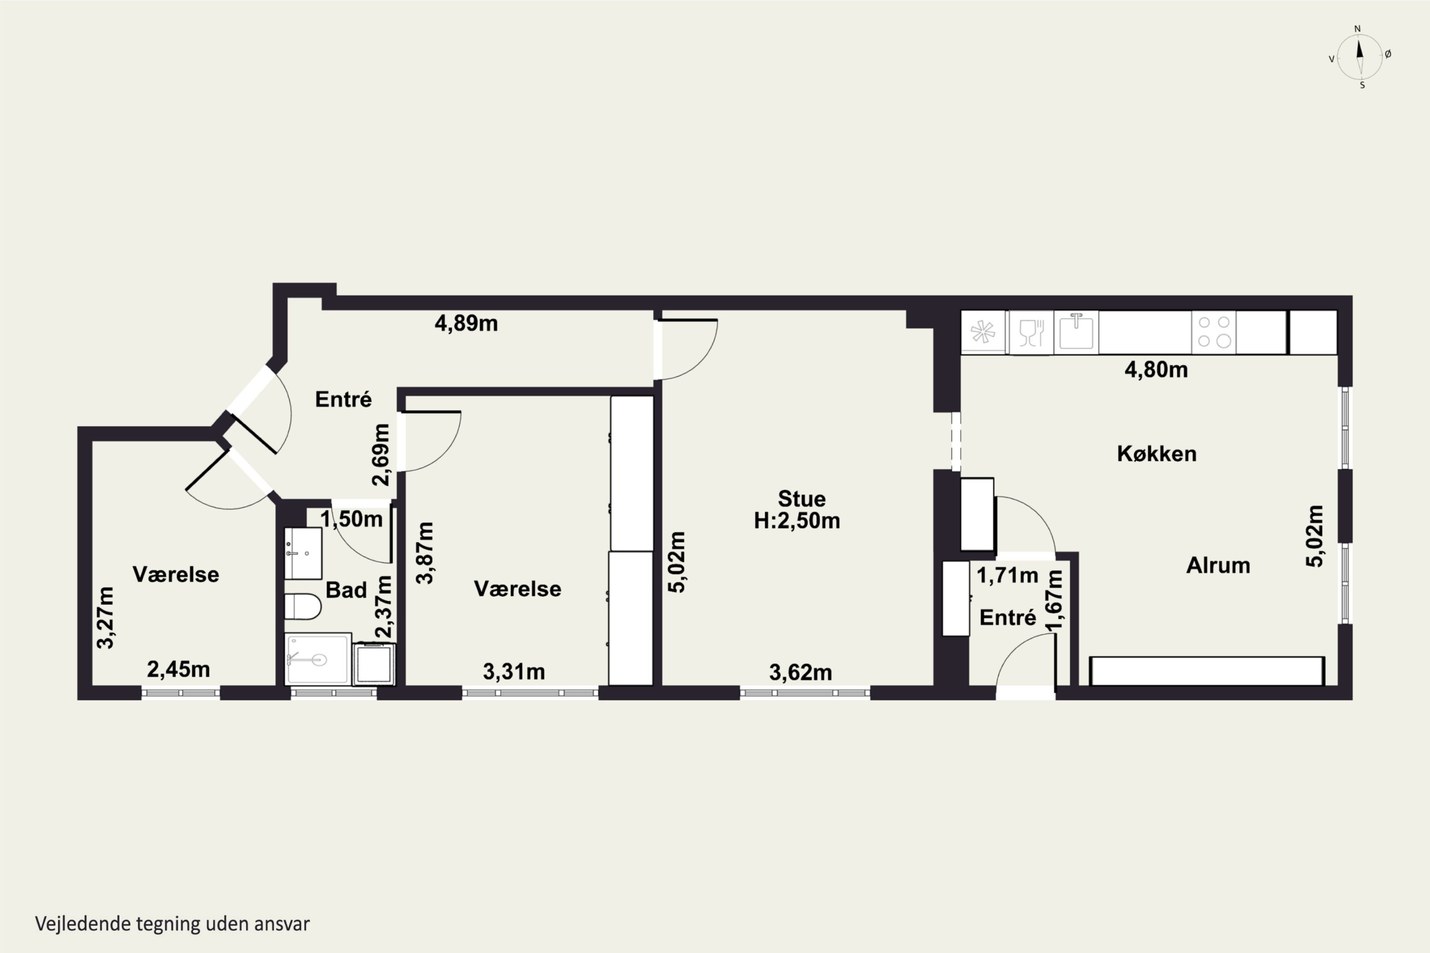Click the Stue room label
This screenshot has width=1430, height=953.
pos(801,499)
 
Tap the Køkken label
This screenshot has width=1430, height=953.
pos(1156,454)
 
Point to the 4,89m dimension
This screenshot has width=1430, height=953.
pos(466,324)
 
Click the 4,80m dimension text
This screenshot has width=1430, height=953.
pos(1156,370)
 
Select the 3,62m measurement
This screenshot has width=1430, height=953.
pos(800,673)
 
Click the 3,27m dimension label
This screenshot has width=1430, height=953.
pos(105,618)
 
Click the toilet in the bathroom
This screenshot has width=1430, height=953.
pos(303,607)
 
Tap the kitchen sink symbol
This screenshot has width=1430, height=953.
pos(1076,331)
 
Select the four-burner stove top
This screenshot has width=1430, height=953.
pos(1214,332)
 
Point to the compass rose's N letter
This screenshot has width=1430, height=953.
pos(1357,29)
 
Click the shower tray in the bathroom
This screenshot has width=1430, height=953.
pos(318,659)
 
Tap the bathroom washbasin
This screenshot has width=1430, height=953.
pos(303,553)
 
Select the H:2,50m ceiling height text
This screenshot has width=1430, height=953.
pos(797,521)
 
